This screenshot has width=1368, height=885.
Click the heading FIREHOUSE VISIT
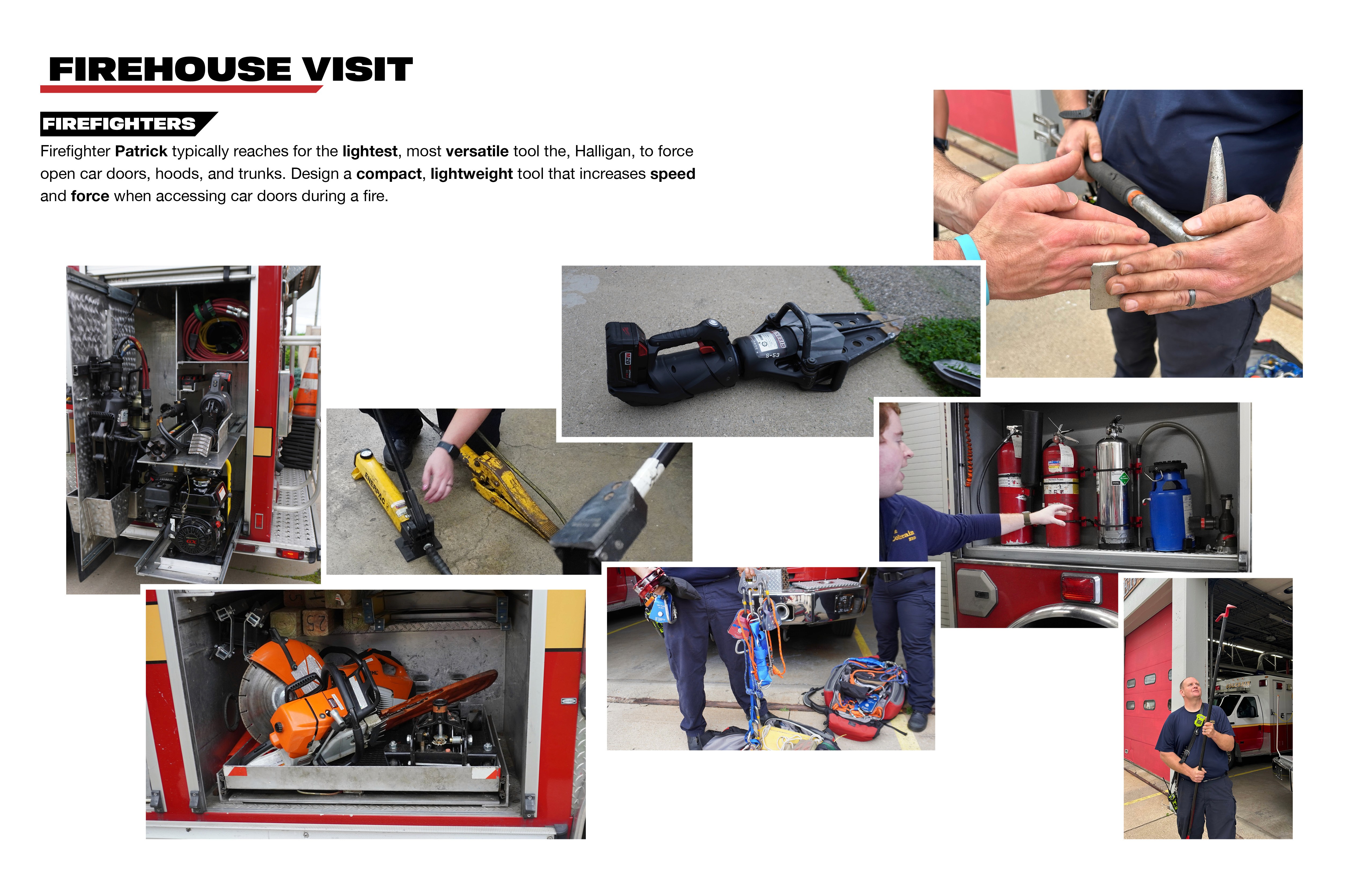click(x=230, y=69)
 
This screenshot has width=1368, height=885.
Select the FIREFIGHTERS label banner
click(x=128, y=124)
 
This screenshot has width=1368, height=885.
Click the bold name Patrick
click(x=141, y=151)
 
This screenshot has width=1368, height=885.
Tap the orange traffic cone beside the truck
click(x=309, y=382)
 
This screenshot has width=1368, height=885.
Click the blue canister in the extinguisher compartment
click(x=1170, y=506)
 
